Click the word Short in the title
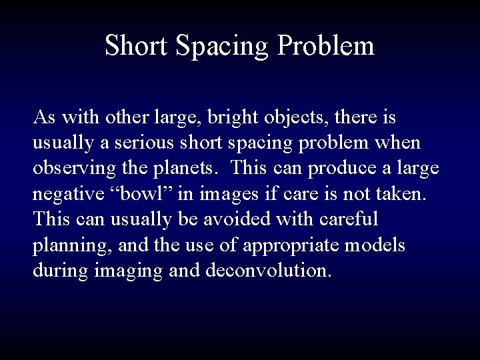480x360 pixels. point(137,46)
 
